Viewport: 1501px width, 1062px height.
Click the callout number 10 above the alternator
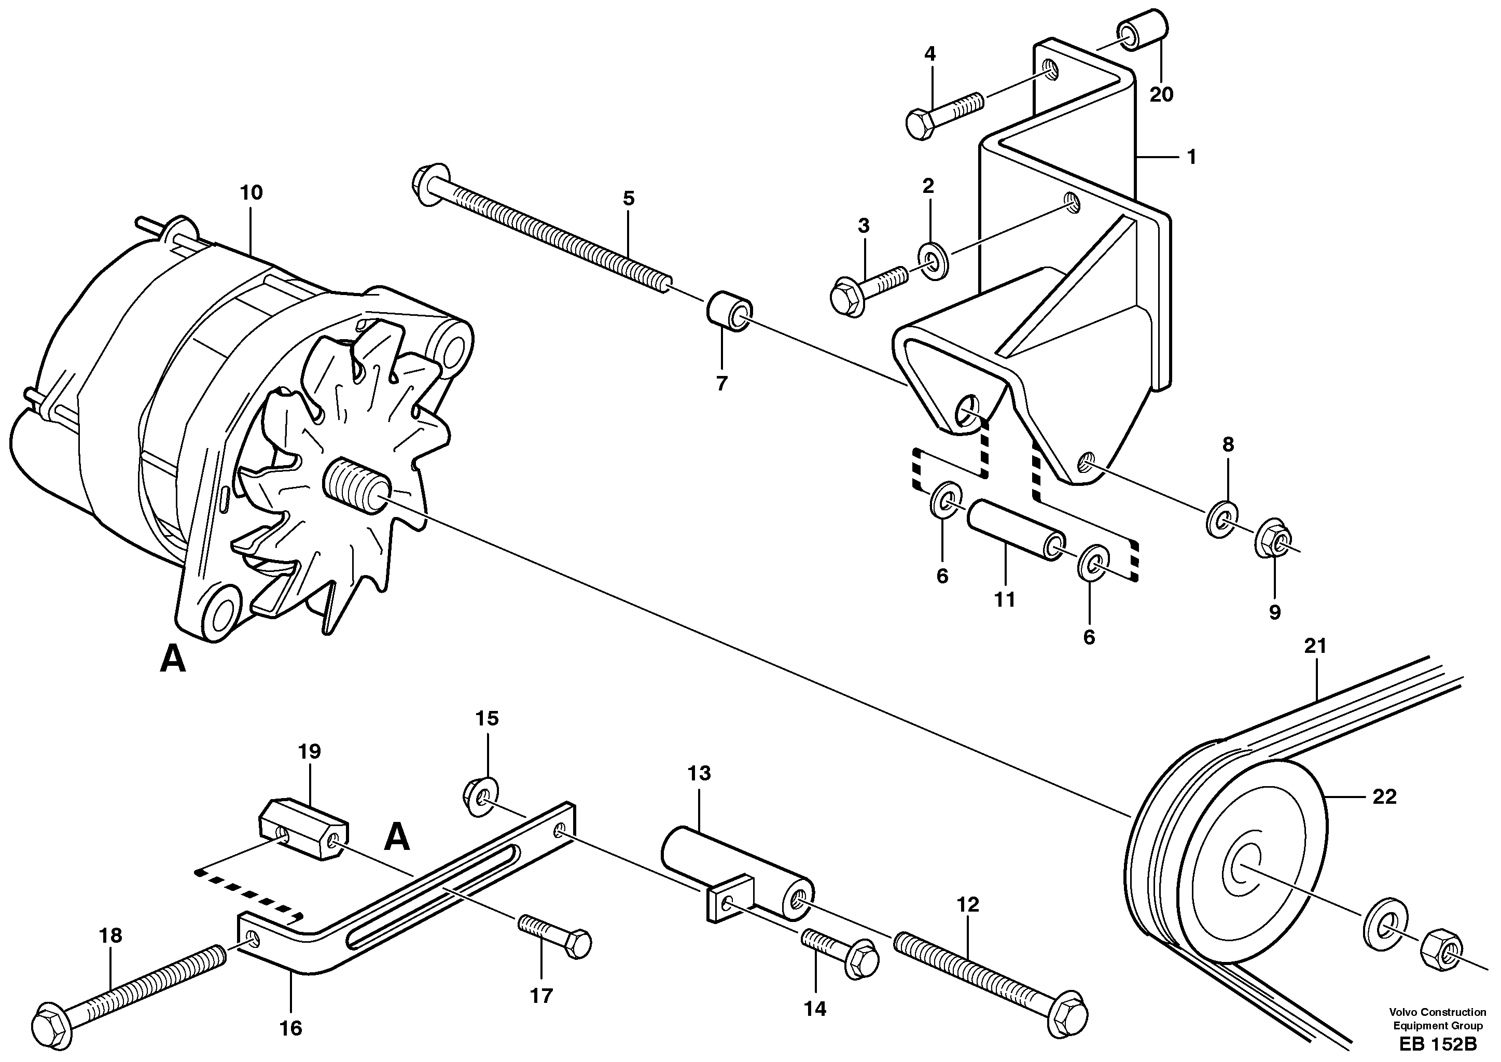click(251, 192)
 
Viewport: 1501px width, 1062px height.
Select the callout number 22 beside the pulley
click(1384, 796)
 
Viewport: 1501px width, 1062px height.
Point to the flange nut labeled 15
click(481, 797)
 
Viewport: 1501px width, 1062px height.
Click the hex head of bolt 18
click(53, 1022)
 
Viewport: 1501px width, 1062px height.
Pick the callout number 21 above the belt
click(1315, 646)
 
